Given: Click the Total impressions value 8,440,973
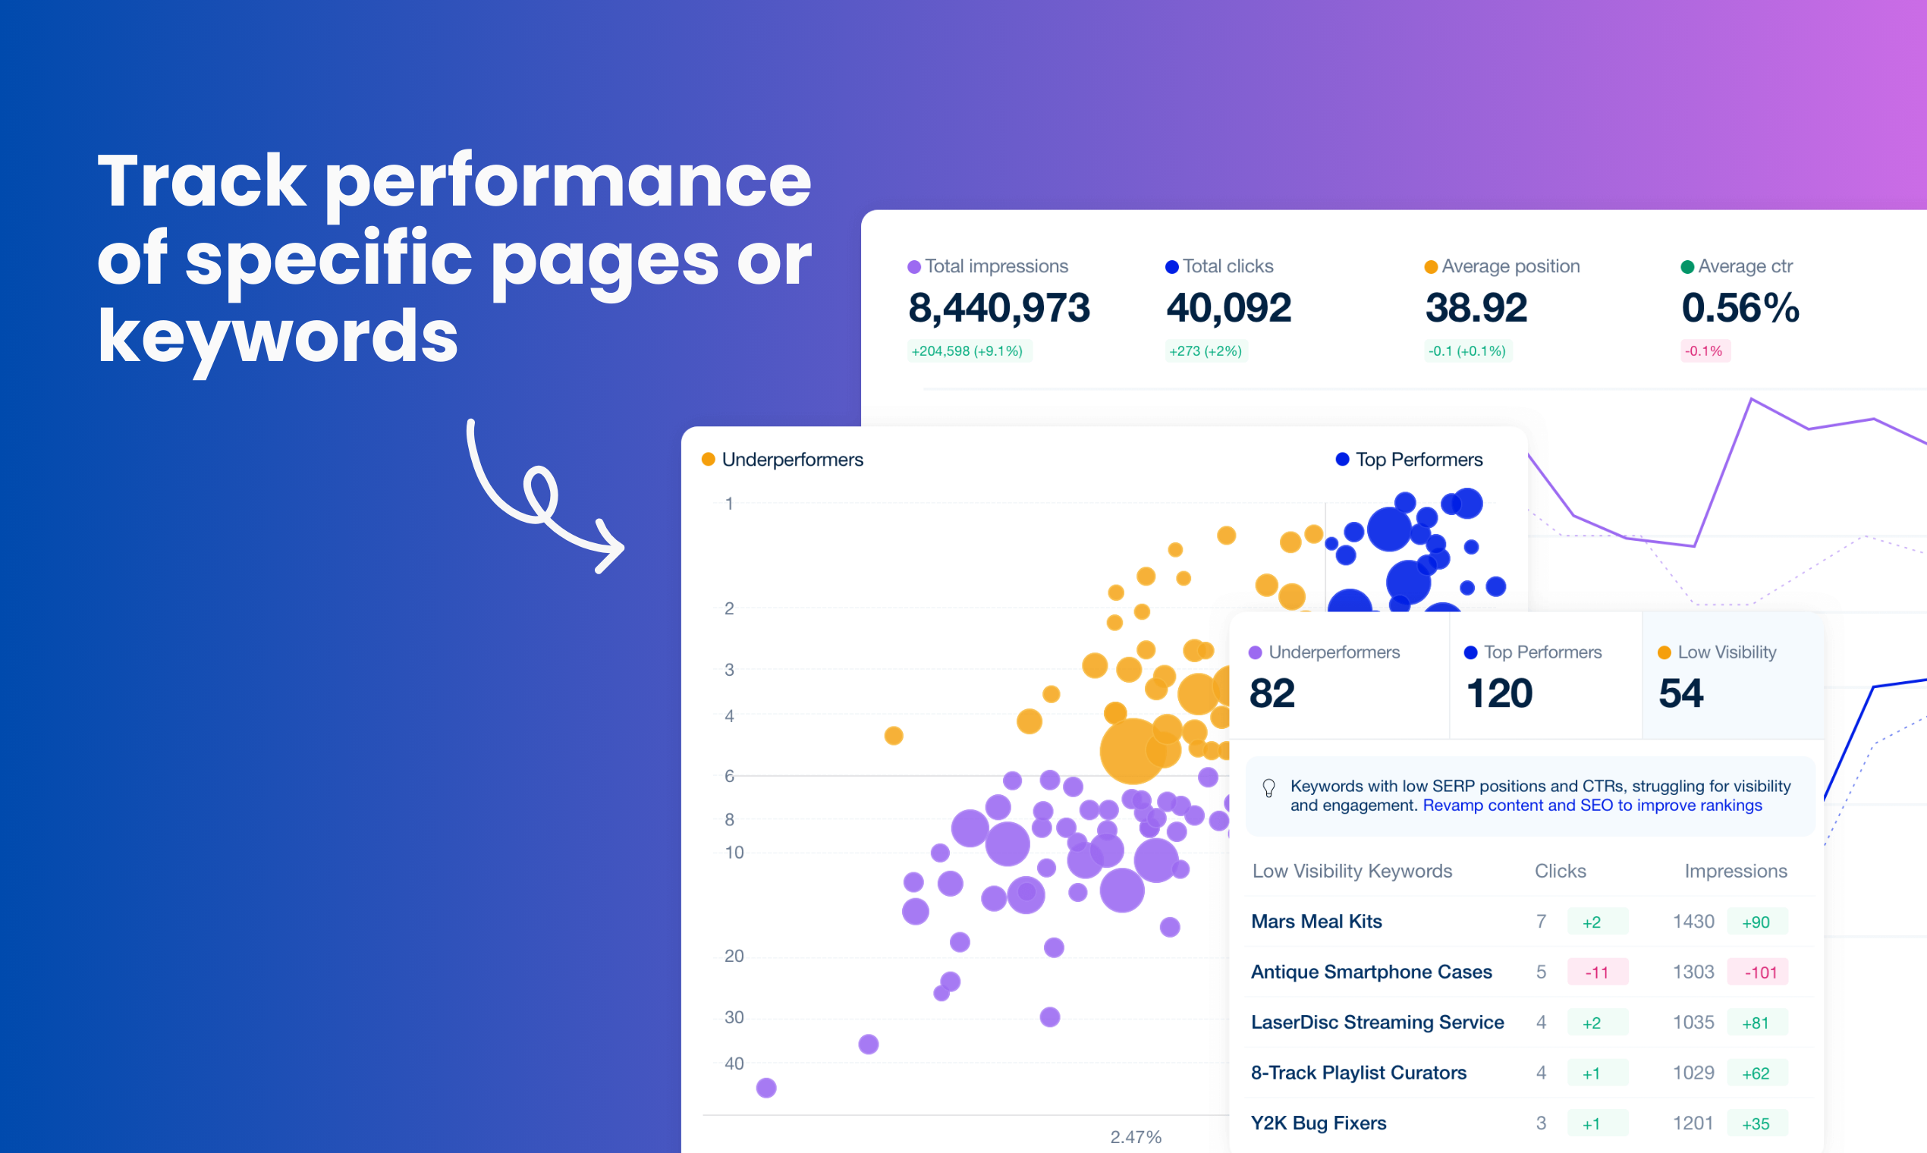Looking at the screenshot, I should pos(998,308).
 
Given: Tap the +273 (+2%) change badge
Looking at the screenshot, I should pos(1206,351).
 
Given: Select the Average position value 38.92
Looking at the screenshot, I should pos(1476,308).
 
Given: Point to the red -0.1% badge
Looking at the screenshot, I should pos(1704,351).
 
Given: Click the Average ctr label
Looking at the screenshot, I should pos(1744,266).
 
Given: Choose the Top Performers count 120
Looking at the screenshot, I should pos(1499,693).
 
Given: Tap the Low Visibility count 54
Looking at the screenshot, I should pos(1680,693).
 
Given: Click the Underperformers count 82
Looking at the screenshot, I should pos(1272,693).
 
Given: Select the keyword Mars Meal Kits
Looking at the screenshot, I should pos(1316,922).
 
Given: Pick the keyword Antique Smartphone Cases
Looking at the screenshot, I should pos(1372,972).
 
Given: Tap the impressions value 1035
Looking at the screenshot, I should pos(1693,1023).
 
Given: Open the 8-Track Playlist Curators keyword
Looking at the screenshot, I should pos(1358,1073).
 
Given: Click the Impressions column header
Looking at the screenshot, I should pos(1735,871).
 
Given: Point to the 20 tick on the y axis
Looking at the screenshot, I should pos(734,956).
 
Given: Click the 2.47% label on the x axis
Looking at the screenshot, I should pos(1135,1136).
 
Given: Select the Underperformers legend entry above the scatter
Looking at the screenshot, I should pos(792,460).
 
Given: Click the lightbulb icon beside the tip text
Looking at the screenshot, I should pos(1269,788).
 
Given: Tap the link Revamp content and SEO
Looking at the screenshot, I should pos(1592,806).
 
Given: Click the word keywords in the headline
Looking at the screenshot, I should pos(278,335).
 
